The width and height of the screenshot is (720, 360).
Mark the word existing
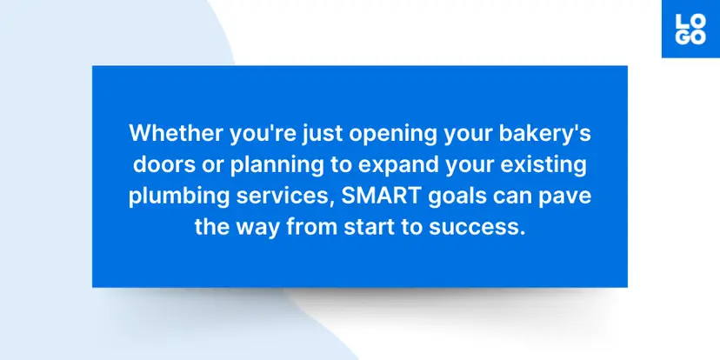coord(544,166)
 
